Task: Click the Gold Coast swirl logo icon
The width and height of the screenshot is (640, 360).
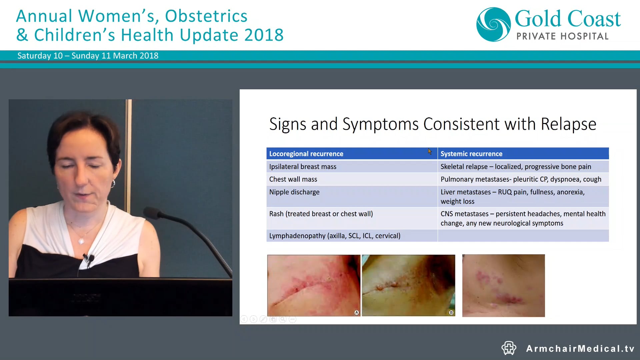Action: [x=493, y=24]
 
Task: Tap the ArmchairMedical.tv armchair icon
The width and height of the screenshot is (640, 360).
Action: [x=509, y=348]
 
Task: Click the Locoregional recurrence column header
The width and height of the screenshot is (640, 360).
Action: [x=306, y=154]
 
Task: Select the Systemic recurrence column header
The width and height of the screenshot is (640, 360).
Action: [x=471, y=154]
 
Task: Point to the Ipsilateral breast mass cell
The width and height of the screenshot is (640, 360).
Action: [x=303, y=167]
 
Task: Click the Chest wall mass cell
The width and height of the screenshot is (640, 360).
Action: [x=293, y=179]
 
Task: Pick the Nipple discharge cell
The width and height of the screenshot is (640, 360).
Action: [x=294, y=192]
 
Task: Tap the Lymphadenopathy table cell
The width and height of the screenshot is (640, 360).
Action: [x=335, y=236]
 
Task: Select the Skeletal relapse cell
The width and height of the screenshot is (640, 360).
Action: [x=516, y=167]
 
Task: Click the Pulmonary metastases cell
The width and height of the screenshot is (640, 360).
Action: [x=521, y=179]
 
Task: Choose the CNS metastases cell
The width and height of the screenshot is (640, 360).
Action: [x=523, y=218]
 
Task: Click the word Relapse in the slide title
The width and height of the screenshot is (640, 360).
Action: [x=568, y=124]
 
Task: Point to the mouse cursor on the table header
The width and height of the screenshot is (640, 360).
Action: [x=430, y=152]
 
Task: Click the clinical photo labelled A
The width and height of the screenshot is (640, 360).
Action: [x=313, y=285]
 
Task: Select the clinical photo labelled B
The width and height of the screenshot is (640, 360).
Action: [x=408, y=285]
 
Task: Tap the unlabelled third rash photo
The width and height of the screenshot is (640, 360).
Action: [x=503, y=285]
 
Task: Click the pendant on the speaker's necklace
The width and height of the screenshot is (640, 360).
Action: [x=81, y=240]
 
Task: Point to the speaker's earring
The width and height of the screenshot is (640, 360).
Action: [x=113, y=184]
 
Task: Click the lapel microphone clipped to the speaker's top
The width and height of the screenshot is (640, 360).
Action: [x=89, y=258]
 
